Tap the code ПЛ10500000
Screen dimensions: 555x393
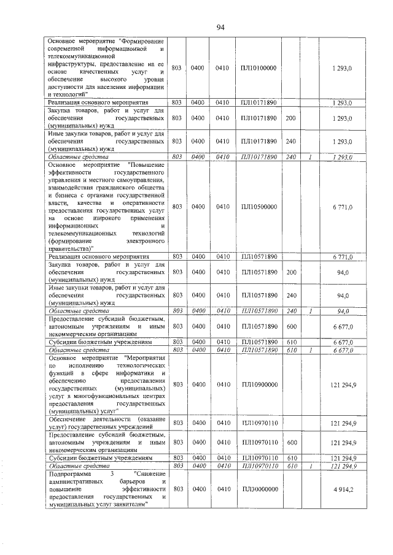pos(259,207)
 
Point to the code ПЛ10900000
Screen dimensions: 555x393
pos(259,384)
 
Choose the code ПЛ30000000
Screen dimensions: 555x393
pos(259,488)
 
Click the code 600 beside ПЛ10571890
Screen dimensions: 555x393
pos(292,325)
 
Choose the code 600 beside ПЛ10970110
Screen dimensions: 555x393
pos(292,442)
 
